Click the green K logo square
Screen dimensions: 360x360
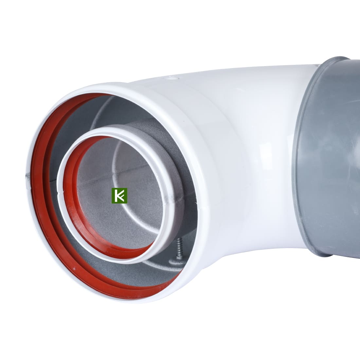click(x=119, y=196)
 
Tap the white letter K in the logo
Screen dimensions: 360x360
click(x=119, y=196)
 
